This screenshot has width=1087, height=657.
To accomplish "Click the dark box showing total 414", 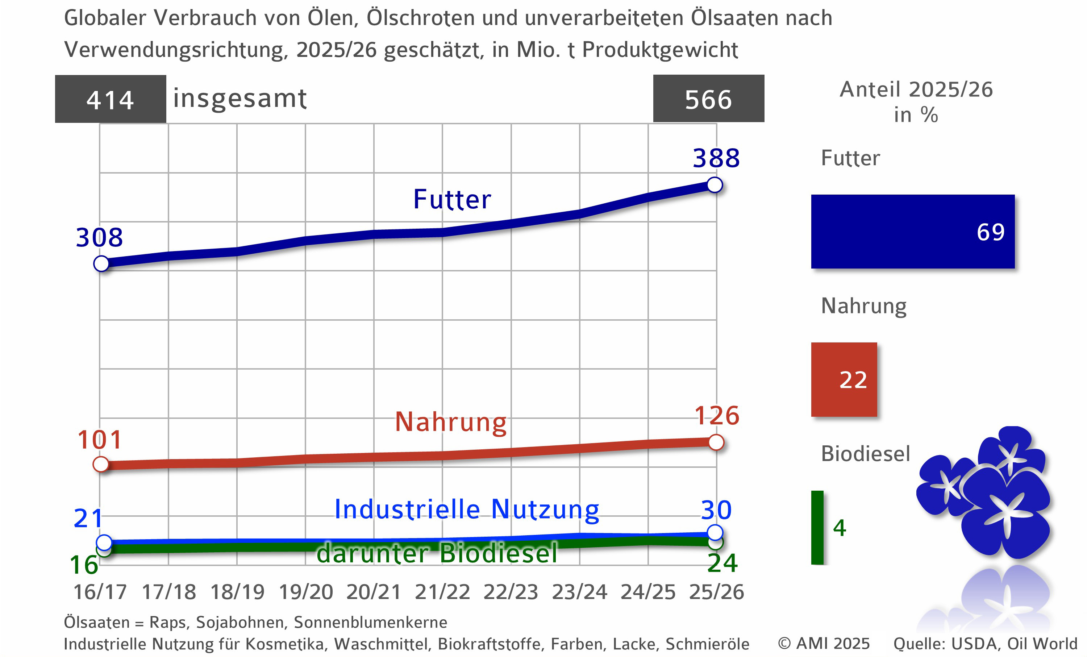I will [x=110, y=99].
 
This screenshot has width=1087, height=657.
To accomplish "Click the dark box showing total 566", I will [x=708, y=99].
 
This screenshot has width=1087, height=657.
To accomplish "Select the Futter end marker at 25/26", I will [x=714, y=185].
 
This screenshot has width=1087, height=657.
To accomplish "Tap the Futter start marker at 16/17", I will [x=101, y=264].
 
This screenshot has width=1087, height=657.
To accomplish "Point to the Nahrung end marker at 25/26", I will [x=716, y=442].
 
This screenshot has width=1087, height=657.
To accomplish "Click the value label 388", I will [x=716, y=158].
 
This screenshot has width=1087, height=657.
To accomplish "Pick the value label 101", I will [x=100, y=440].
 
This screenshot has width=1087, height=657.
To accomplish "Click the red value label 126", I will [x=716, y=416].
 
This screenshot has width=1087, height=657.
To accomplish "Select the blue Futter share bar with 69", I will [x=912, y=232].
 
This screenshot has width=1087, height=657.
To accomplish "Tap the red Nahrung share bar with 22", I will [x=844, y=379].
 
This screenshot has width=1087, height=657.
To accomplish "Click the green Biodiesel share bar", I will [x=817, y=527].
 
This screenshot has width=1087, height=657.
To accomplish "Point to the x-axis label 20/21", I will [x=374, y=592].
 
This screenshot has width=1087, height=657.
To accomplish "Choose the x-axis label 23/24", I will [x=579, y=592].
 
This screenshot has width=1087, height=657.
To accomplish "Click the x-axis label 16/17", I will [x=100, y=592].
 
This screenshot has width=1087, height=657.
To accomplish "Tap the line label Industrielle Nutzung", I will [x=467, y=509].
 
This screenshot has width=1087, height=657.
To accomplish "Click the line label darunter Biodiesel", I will [x=437, y=553].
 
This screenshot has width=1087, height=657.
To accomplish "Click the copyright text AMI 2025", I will [x=824, y=643].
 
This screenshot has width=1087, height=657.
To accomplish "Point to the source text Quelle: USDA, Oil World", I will [x=985, y=643].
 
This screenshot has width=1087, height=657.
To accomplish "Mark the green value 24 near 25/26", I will [x=722, y=563].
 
